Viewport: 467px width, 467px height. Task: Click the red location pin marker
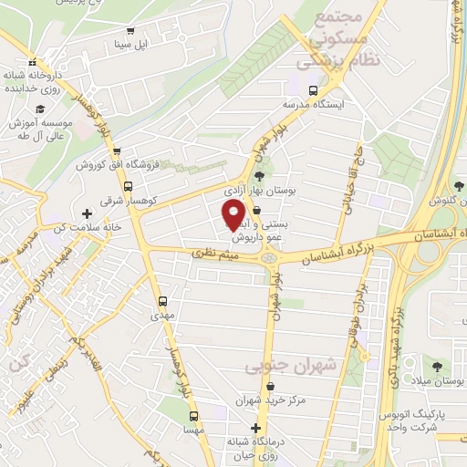234,214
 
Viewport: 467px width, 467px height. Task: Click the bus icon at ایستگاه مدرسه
314,91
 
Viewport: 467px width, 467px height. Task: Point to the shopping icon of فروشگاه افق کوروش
129,153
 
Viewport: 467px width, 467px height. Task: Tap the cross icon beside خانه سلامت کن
87,212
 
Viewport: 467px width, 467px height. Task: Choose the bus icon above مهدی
162,300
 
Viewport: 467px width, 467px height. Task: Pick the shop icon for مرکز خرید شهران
257,383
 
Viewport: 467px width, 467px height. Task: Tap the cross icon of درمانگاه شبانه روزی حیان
255,428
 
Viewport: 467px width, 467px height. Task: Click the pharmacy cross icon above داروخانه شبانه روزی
35,55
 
